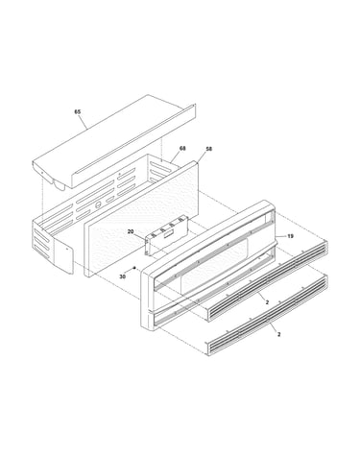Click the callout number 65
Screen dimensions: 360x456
tap(78, 111)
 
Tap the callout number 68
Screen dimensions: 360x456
tap(182, 148)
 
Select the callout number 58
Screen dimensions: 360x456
tap(208, 149)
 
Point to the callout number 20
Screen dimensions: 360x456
tap(131, 231)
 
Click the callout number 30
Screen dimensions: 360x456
tap(123, 276)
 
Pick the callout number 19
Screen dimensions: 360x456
tap(290, 236)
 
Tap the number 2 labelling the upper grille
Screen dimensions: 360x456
tap(267, 301)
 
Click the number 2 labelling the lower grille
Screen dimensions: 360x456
tap(278, 334)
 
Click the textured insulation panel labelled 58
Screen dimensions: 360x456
tap(141, 219)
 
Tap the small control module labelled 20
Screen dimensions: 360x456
tap(166, 235)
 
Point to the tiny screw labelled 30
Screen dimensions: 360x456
tap(135, 268)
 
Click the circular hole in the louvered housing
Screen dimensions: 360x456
tap(99, 204)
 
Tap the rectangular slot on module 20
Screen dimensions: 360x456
tap(168, 235)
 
